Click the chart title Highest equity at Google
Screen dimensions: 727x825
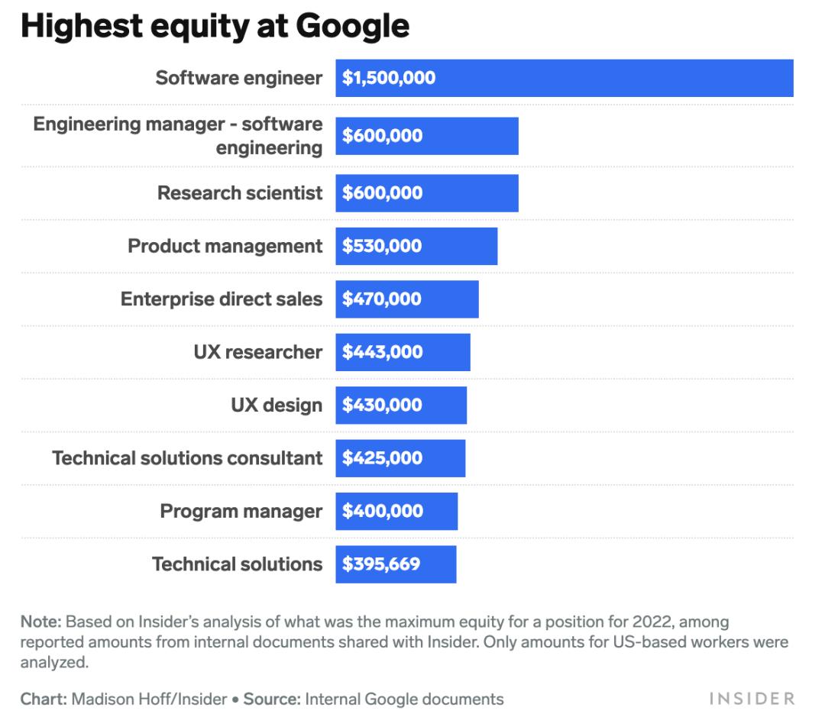tap(215, 26)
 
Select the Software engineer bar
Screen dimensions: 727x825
tap(611, 78)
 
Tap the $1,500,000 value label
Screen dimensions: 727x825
tap(389, 78)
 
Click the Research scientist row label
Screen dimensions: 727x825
tap(240, 193)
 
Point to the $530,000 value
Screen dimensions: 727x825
tap(382, 246)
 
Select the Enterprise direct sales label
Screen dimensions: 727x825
tap(222, 299)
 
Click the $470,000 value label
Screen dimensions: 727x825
tap(382, 299)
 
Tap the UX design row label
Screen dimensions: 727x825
tap(277, 405)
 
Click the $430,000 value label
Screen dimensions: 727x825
tap(382, 405)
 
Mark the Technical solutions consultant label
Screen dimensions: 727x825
tap(187, 458)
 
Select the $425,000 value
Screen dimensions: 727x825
tap(382, 458)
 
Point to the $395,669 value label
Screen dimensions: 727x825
tap(381, 564)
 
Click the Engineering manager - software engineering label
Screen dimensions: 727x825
tap(178, 135)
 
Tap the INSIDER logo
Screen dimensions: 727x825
tap(752, 699)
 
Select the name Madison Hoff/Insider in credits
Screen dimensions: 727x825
tap(150, 699)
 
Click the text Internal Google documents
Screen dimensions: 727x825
tap(404, 699)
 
